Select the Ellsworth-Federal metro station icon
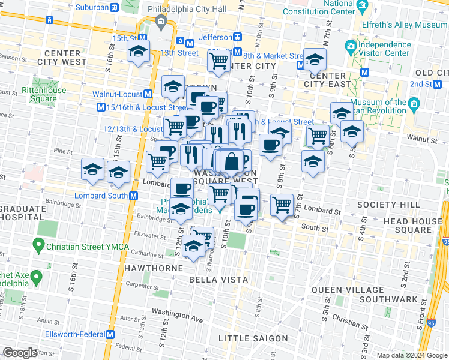click(x=110, y=334)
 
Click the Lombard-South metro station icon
click(x=134, y=196)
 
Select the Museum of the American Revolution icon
click(x=414, y=106)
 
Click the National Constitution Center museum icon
click(x=361, y=7)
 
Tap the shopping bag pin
click(x=231, y=161)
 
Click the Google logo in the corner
click(x=19, y=353)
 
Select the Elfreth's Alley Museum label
click(x=405, y=25)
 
